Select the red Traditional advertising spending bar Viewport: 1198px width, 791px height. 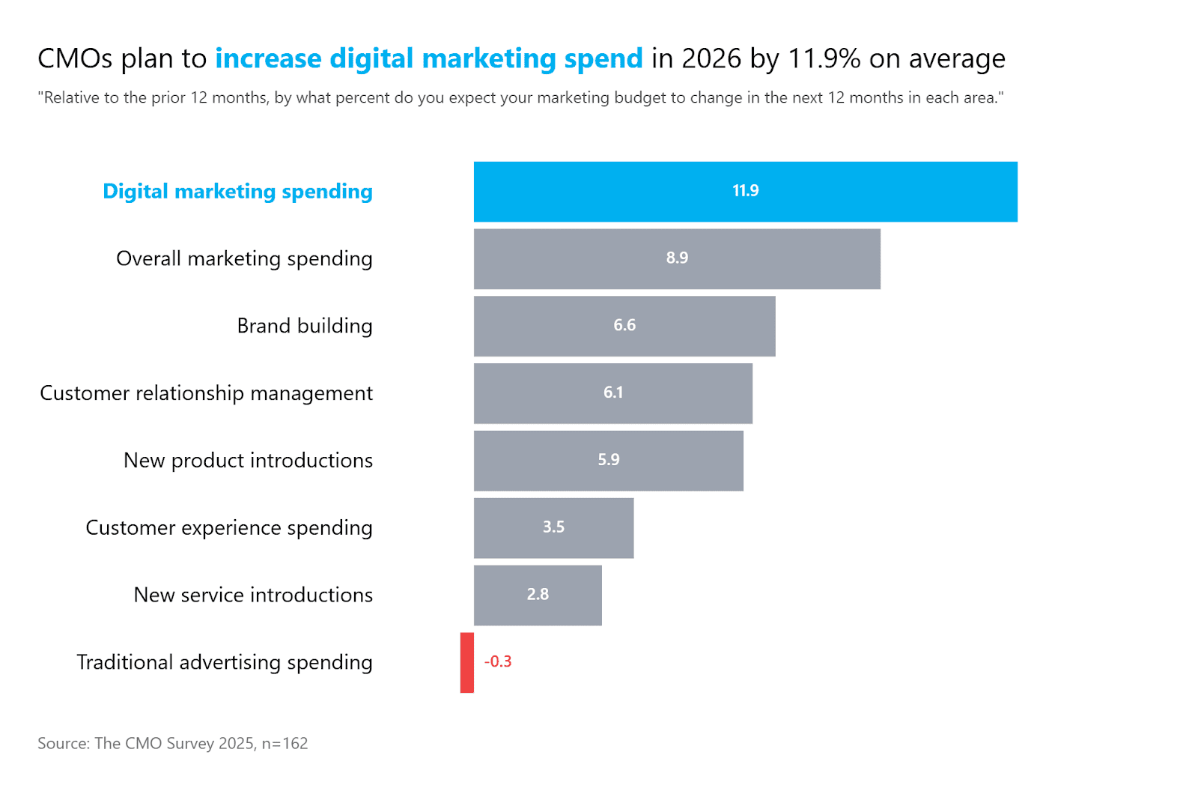click(x=467, y=662)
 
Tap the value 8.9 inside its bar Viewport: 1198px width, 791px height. click(x=677, y=258)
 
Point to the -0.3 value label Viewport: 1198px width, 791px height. click(x=498, y=661)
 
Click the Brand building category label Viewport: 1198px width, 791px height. click(x=304, y=326)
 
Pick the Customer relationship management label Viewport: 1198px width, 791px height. click(x=206, y=393)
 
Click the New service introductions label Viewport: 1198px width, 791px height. click(x=253, y=595)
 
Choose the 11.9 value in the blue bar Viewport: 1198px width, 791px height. click(x=745, y=191)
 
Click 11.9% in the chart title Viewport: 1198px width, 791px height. click(x=824, y=58)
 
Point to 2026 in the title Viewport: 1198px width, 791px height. click(x=711, y=58)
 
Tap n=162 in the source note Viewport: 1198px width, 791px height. click(x=285, y=744)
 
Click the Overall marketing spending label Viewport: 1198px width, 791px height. click(x=244, y=258)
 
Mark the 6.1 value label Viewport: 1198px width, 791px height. click(x=613, y=393)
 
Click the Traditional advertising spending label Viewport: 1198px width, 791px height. click(x=224, y=662)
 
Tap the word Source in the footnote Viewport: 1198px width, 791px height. click(x=63, y=744)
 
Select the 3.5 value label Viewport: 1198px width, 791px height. click(x=553, y=527)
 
